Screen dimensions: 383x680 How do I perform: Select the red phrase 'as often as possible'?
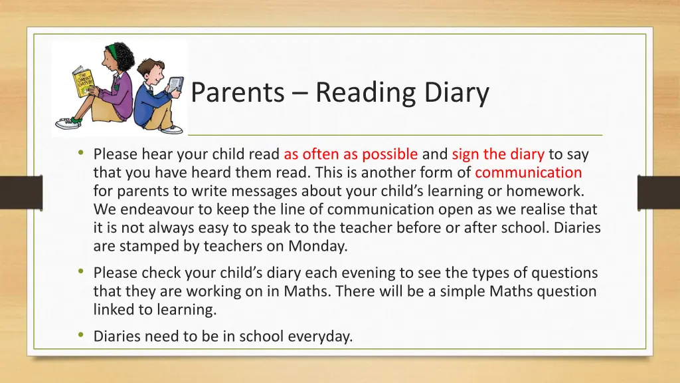point(351,154)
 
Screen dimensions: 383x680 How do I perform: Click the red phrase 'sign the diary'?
point(498,154)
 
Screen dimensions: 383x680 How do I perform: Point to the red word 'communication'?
point(529,173)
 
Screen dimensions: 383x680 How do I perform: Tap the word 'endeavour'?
point(159,209)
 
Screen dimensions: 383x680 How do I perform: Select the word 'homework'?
point(549,191)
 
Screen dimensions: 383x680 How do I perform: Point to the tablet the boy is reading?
point(175,84)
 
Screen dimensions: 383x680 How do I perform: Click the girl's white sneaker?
point(68,123)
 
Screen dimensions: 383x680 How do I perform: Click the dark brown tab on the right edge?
point(658,192)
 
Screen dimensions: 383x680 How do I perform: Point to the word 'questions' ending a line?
point(566,273)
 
